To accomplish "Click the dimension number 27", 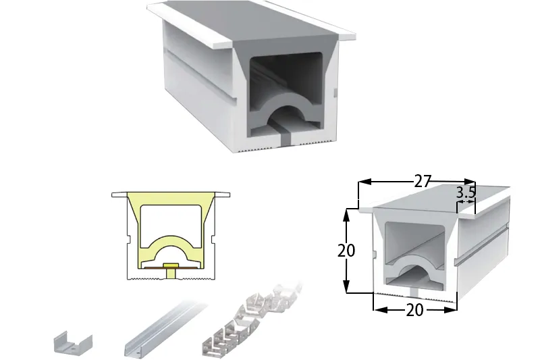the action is click(x=423, y=181).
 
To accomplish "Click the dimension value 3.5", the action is click(x=466, y=193).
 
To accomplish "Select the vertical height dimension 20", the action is click(x=346, y=251).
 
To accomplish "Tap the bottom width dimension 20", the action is click(x=414, y=310).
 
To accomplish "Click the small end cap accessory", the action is click(x=73, y=342).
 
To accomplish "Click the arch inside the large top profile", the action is click(x=286, y=107).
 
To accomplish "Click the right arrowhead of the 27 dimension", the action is click(x=470, y=182).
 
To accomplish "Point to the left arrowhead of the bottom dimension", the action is click(x=381, y=310).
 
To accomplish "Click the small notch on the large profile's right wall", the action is click(x=335, y=93).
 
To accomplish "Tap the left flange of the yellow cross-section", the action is click(x=119, y=195).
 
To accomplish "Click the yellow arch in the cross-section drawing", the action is click(x=171, y=247).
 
